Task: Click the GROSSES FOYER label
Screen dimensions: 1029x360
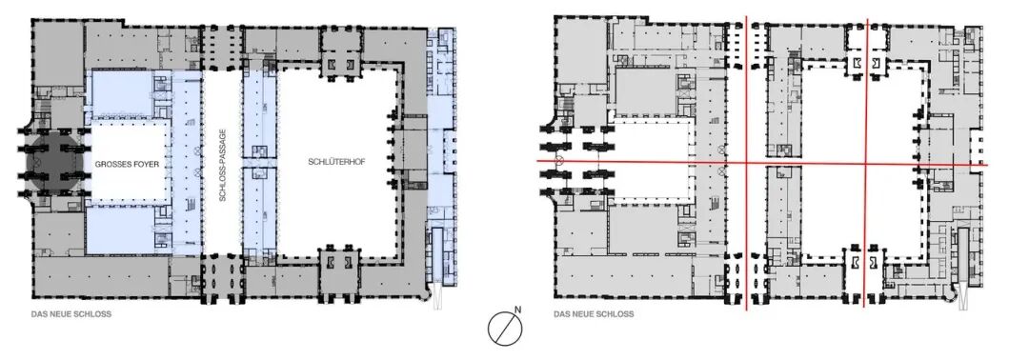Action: pos(127,164)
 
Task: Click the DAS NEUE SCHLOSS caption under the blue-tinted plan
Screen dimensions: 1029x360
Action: pos(71,314)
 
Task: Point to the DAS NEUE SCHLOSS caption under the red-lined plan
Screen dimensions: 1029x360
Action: pos(594,314)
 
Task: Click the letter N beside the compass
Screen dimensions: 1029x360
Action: pos(517,310)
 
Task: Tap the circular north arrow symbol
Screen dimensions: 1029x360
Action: pos(505,328)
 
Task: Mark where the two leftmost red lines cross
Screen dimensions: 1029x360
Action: pos(747,163)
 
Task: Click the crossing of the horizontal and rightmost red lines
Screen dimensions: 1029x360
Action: pos(865,163)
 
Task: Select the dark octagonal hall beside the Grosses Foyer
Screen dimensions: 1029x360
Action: pos(55,163)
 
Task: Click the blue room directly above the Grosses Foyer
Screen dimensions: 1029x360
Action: pos(122,95)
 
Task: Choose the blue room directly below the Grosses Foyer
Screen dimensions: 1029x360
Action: pos(122,230)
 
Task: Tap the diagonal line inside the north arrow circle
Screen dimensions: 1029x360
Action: pos(506,328)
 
